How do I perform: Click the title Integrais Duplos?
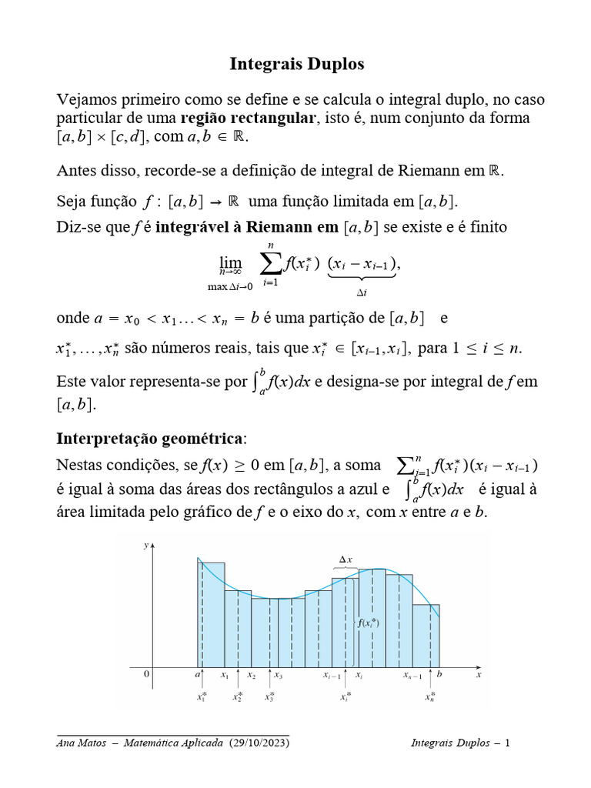point(296,64)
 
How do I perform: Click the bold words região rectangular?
point(248,118)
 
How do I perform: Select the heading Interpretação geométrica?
point(150,439)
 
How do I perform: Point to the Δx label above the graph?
point(346,559)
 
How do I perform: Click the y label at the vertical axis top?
point(146,545)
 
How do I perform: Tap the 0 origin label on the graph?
point(147,674)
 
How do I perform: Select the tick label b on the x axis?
point(439,675)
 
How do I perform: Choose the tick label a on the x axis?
point(198,675)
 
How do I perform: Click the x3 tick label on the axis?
point(278,676)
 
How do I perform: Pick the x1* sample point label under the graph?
point(201,697)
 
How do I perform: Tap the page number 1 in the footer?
point(507,743)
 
